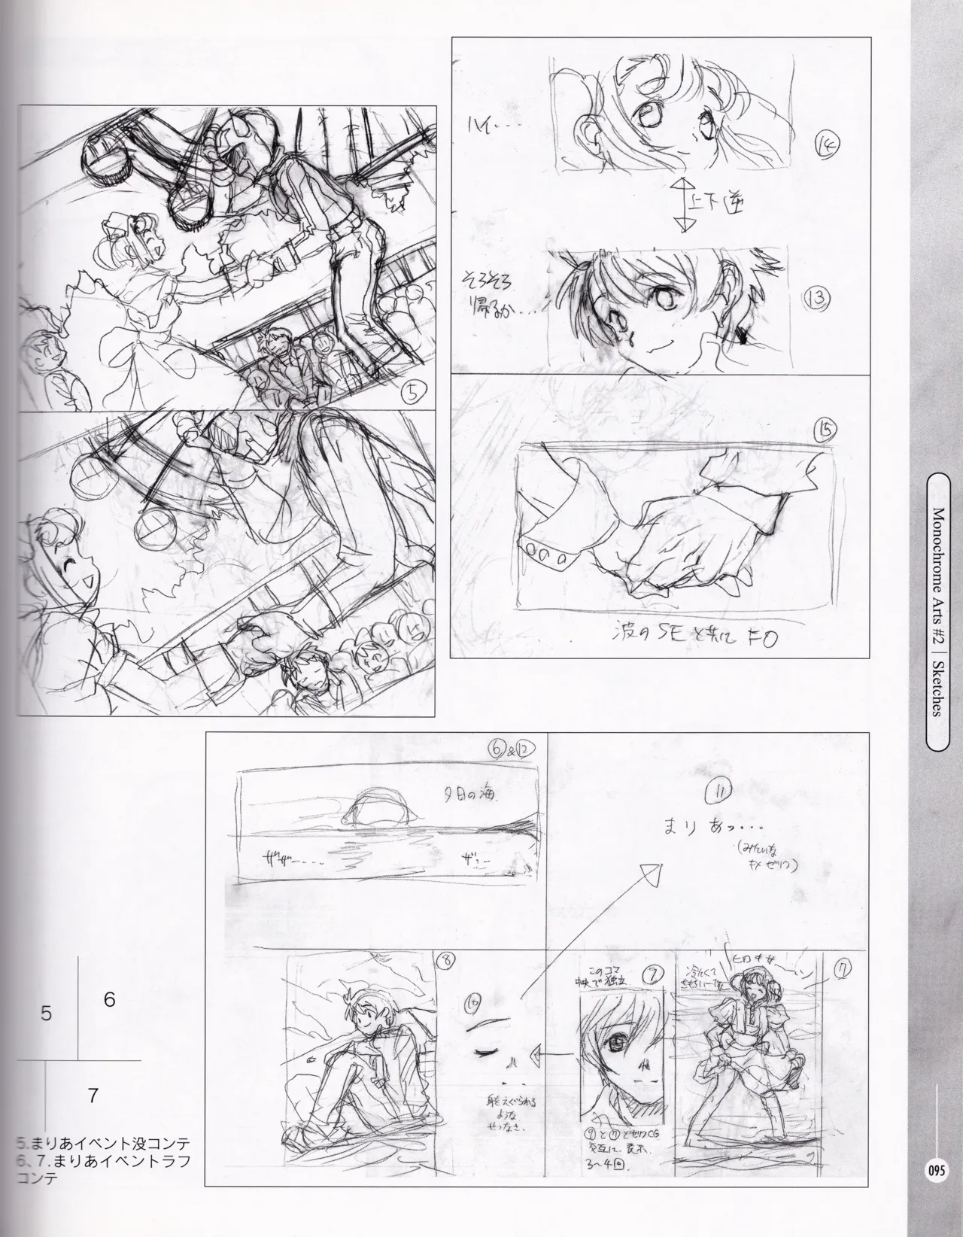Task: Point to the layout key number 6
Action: (109, 1000)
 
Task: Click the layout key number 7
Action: (93, 1096)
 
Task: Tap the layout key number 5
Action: (47, 1014)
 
